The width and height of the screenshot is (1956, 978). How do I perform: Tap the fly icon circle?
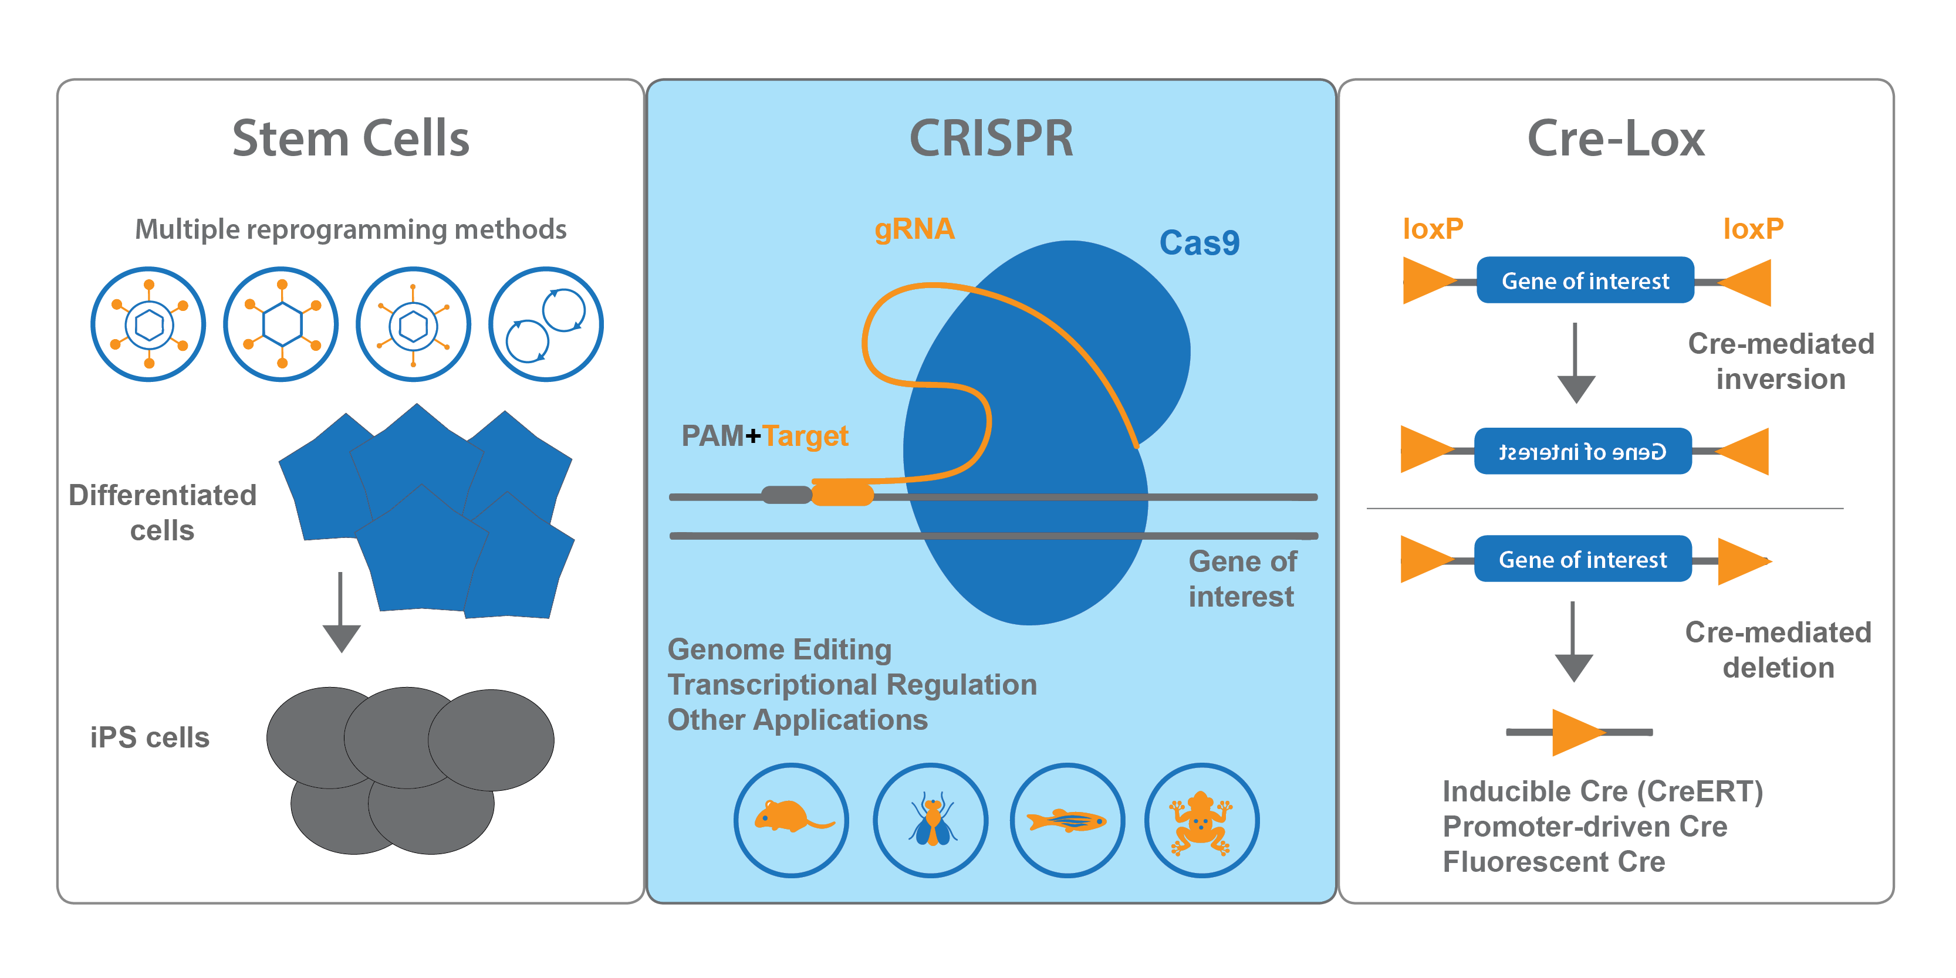tap(930, 820)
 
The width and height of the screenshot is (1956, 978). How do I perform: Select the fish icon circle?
tap(1067, 820)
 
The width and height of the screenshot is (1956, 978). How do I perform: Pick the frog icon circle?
tap(1201, 820)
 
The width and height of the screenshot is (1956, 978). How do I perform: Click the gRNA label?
tap(914, 229)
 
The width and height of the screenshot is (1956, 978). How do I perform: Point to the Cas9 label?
tap(1199, 243)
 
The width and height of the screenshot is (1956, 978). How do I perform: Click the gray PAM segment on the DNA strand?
tap(786, 495)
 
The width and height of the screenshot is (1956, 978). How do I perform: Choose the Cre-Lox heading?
tap(1616, 139)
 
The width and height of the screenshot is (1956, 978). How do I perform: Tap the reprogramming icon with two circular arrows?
tap(546, 324)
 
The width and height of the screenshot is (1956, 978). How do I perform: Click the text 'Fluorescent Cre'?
tap(1553, 862)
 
